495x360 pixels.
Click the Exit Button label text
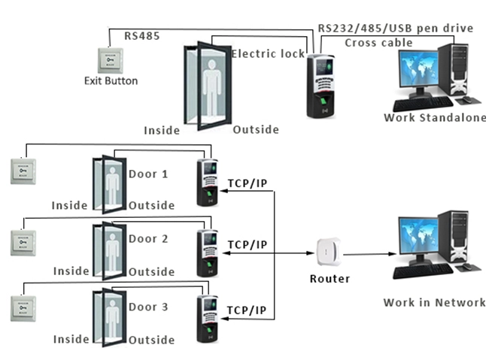111,81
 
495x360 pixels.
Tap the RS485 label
142,36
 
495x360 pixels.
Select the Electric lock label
269,54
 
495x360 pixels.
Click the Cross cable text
378,43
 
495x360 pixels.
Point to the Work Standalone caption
435,118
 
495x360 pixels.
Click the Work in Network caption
434,303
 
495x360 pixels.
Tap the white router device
329,253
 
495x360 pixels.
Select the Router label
330,279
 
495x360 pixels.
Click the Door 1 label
148,174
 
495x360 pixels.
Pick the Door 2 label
148,239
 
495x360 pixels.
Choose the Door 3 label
148,307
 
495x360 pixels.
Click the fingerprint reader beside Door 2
208,253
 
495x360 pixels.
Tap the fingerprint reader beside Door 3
208,319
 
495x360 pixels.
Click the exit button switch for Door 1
23,171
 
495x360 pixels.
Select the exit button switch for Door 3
23,308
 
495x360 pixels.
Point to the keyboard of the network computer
424,271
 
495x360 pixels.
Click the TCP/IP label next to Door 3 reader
247,310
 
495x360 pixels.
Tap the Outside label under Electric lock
256,130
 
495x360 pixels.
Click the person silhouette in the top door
212,89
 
